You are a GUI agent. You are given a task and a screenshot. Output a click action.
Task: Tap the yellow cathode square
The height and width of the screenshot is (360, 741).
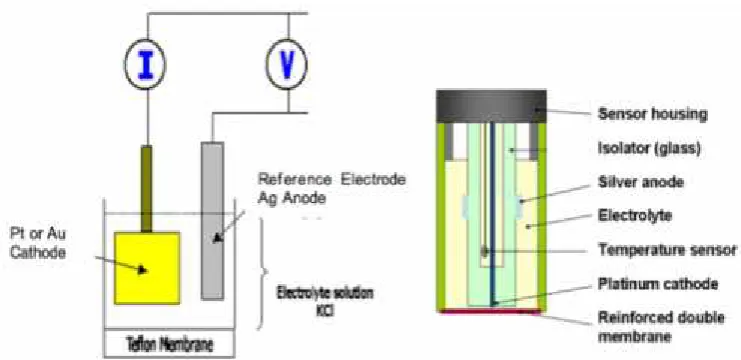tap(147, 268)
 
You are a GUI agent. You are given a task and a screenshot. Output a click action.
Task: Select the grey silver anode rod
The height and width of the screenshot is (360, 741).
tap(212, 220)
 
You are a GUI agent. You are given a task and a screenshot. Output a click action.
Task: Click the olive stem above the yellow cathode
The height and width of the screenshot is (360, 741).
tap(146, 189)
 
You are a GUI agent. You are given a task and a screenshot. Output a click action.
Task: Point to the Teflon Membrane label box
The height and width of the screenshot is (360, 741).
tap(169, 343)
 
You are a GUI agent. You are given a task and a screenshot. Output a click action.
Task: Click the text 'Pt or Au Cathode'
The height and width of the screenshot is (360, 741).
tap(37, 244)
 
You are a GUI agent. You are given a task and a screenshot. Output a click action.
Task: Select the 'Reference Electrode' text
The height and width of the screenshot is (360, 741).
tap(332, 180)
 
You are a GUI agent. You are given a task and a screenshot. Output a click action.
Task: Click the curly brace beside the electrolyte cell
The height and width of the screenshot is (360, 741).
tap(263, 272)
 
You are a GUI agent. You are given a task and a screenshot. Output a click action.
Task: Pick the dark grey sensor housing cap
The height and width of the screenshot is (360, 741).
tap(491, 107)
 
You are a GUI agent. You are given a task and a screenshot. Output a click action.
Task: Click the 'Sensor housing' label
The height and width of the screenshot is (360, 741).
tap(653, 114)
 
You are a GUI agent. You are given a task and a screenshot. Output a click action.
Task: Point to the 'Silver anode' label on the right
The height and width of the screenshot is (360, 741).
tap(640, 182)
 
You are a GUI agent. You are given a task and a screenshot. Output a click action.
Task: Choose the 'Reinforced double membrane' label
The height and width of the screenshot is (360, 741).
tap(661, 326)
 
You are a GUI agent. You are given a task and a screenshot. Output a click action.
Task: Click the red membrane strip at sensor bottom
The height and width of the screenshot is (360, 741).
tap(491, 310)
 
